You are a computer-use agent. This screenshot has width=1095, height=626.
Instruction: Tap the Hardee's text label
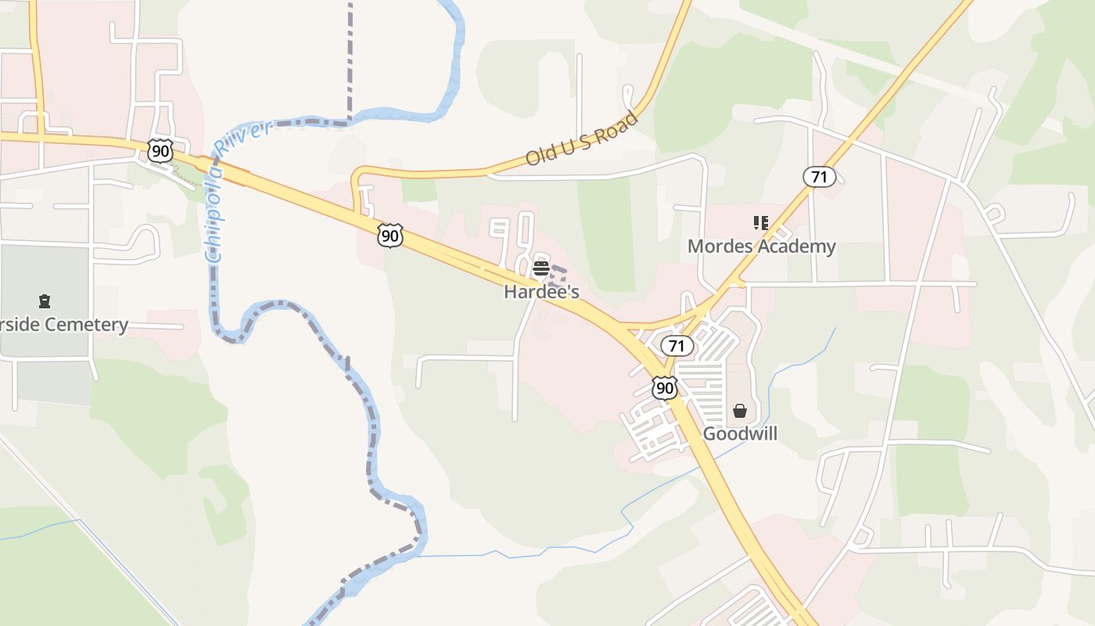coord(541,292)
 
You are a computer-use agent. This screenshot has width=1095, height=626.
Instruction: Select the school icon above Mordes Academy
coord(761,224)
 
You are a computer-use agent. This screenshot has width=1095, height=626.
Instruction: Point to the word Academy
coord(799,246)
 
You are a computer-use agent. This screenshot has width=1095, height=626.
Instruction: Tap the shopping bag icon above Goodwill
coord(740,411)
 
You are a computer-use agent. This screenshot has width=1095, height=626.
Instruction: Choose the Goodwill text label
coord(740,434)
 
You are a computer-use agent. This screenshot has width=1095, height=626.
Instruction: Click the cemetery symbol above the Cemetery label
coord(45,301)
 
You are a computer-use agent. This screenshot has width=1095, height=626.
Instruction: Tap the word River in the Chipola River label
coord(242,135)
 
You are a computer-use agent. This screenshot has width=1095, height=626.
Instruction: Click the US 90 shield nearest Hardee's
coord(390,235)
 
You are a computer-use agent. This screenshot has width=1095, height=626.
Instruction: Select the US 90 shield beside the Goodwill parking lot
coord(665,387)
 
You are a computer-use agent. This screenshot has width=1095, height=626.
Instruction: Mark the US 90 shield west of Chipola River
coord(160,150)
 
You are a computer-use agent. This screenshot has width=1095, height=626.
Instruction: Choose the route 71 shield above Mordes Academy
coord(819,177)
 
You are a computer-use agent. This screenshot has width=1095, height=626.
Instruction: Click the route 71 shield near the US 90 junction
coord(677,345)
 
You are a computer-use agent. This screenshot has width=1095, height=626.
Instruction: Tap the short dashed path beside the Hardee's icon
coord(559,273)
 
